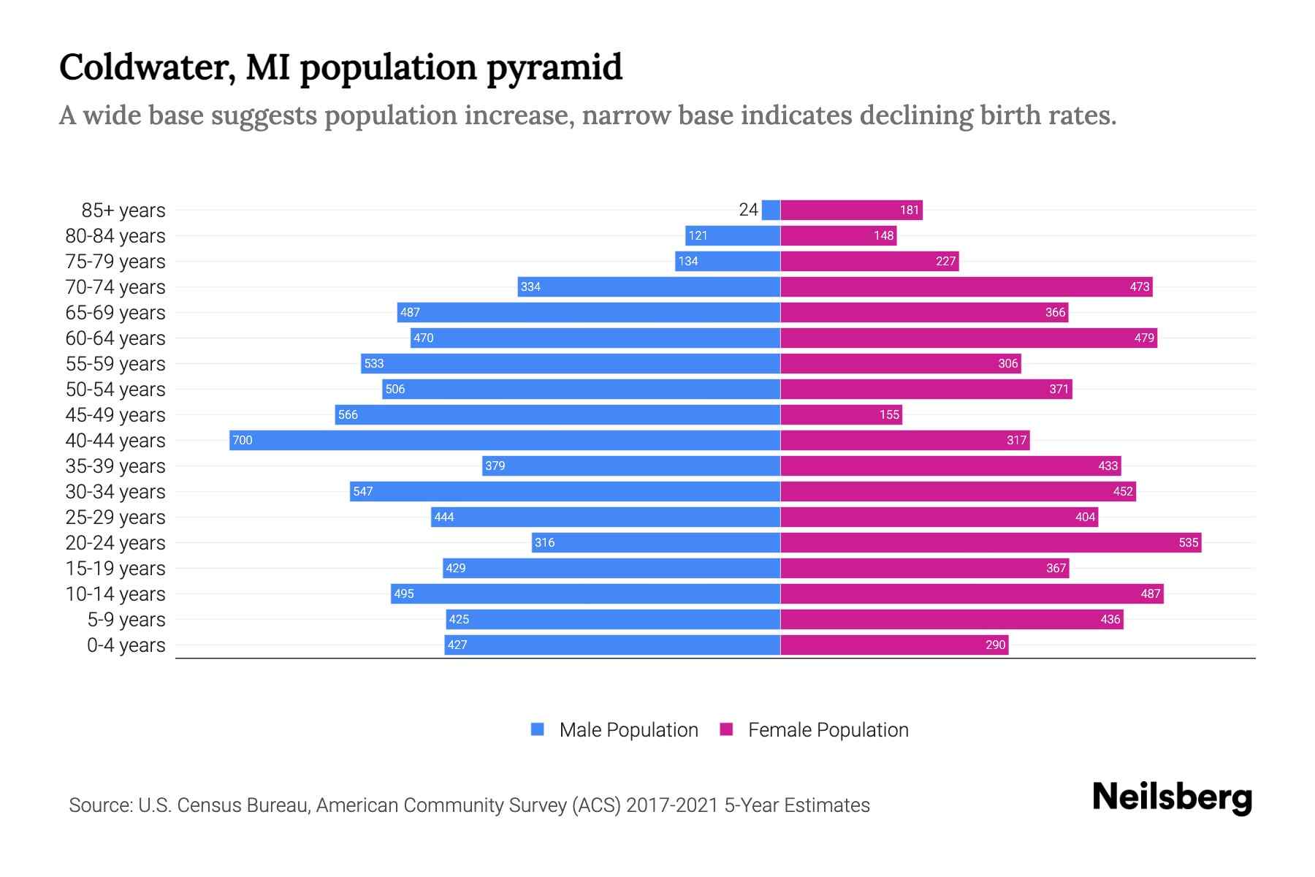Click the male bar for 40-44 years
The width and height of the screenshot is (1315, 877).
pyautogui.click(x=504, y=440)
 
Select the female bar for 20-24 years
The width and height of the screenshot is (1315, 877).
pyautogui.click(x=990, y=542)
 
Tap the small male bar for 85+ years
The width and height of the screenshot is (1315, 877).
pyautogui.click(x=771, y=210)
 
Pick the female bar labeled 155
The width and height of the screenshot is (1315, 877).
pyautogui.click(x=840, y=414)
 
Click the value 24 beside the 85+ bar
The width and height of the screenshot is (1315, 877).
pyautogui.click(x=748, y=210)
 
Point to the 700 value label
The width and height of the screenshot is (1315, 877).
pyautogui.click(x=242, y=440)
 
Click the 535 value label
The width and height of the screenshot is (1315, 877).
pyautogui.click(x=1188, y=542)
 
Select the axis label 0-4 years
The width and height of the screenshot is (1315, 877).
pyautogui.click(x=126, y=645)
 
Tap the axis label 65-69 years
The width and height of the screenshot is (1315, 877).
pyautogui.click(x=115, y=312)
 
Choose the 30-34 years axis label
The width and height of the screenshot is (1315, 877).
pyautogui.click(x=115, y=491)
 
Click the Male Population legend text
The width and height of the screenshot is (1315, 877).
pyautogui.click(x=628, y=729)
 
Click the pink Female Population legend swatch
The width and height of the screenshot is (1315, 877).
pyautogui.click(x=726, y=729)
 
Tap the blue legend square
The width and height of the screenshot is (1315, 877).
pyautogui.click(x=538, y=729)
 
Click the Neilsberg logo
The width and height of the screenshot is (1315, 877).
pyautogui.click(x=1172, y=797)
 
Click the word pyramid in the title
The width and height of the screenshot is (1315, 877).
pyautogui.click(x=554, y=67)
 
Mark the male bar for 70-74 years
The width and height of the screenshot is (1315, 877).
pyautogui.click(x=649, y=286)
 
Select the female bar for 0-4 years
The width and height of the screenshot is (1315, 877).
pyautogui.click(x=894, y=645)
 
